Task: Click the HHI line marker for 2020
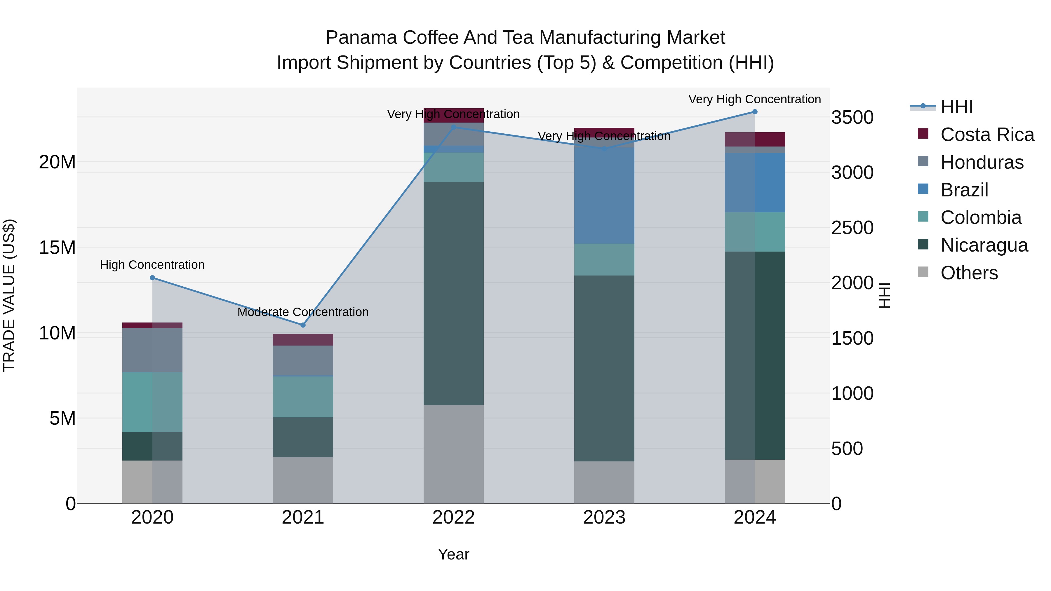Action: pyautogui.click(x=152, y=278)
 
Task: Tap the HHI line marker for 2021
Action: pyautogui.click(x=303, y=325)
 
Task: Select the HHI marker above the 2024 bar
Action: pyautogui.click(x=754, y=112)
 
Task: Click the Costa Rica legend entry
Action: pyautogui.click(x=987, y=135)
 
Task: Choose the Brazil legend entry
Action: pyautogui.click(x=964, y=190)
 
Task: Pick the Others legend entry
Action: pyautogui.click(x=969, y=273)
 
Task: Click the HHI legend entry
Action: pyautogui.click(x=956, y=107)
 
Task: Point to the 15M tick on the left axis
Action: pyautogui.click(x=57, y=247)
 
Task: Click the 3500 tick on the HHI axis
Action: pyautogui.click(x=852, y=117)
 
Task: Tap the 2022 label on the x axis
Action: pyautogui.click(x=453, y=517)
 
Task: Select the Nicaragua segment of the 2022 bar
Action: pyautogui.click(x=453, y=294)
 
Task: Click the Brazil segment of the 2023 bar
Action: pyautogui.click(x=604, y=196)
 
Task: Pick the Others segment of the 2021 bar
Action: pyautogui.click(x=303, y=480)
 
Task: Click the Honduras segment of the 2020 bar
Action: pyautogui.click(x=152, y=350)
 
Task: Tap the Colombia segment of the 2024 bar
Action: pyautogui.click(x=754, y=232)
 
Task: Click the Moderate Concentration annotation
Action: pyautogui.click(x=303, y=312)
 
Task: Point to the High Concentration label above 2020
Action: pyautogui.click(x=152, y=265)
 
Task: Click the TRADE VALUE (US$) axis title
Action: pyautogui.click(x=9, y=295)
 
